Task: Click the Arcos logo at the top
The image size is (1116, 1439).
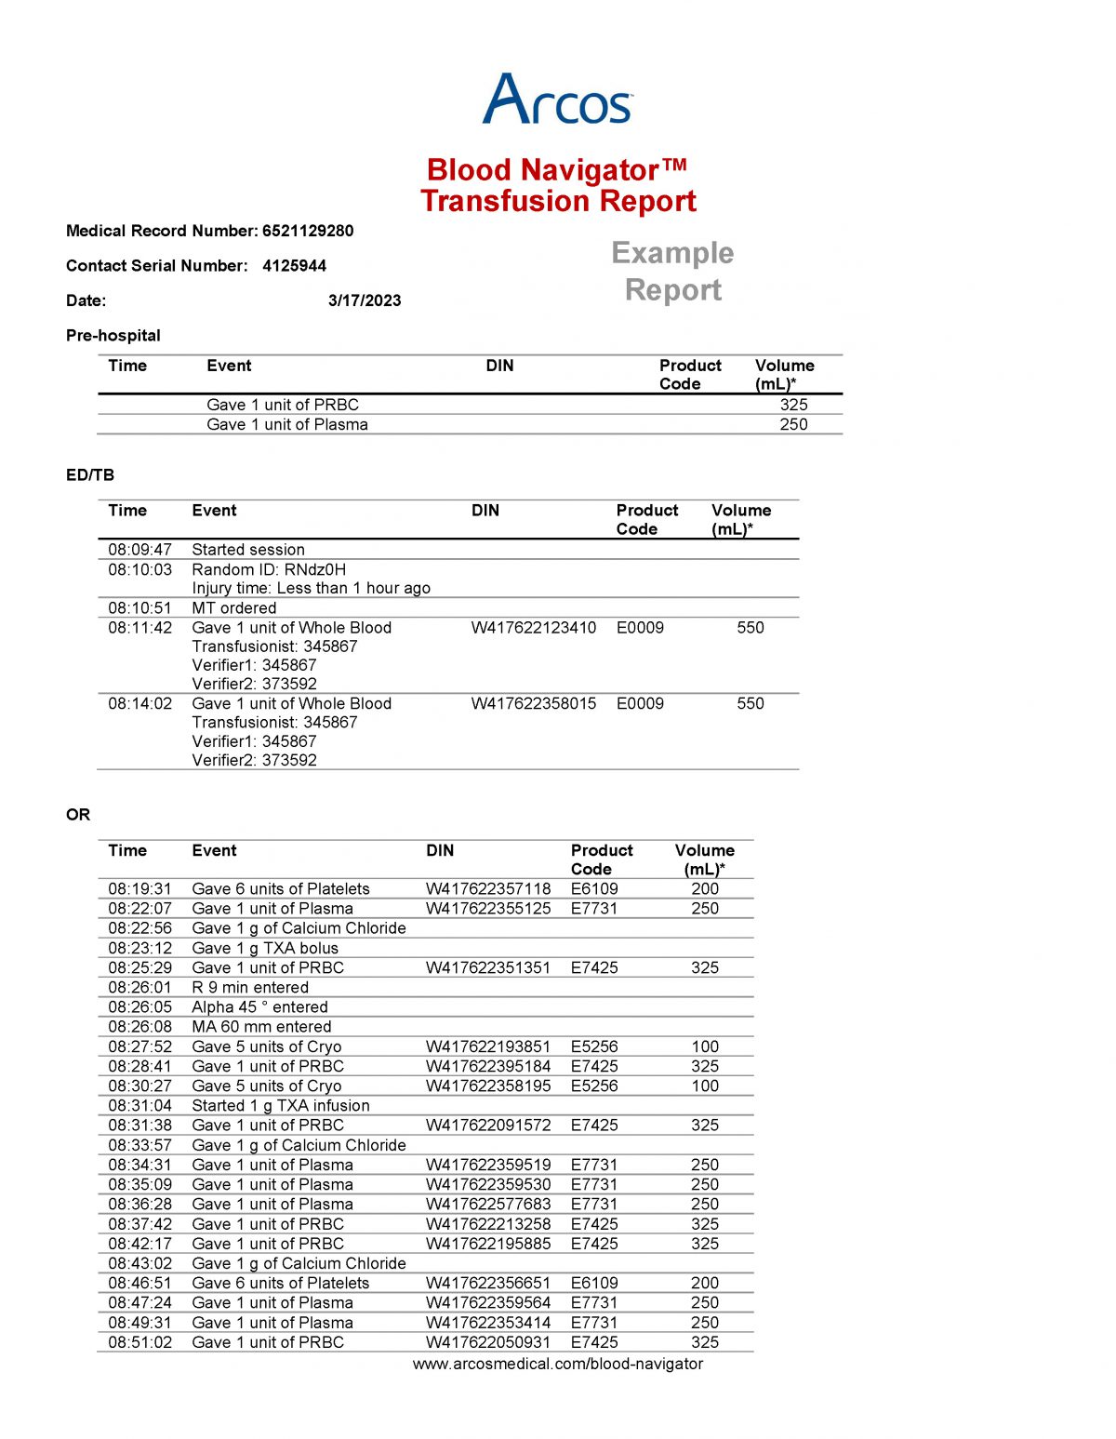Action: (x=557, y=100)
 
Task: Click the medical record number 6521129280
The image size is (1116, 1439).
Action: (x=308, y=231)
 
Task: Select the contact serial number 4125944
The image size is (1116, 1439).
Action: (x=294, y=266)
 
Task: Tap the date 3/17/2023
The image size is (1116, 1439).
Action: (x=365, y=300)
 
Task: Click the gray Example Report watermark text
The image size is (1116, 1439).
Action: (x=672, y=271)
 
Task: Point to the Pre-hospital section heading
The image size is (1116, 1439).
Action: (x=113, y=336)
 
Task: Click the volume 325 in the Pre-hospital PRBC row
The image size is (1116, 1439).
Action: (x=793, y=405)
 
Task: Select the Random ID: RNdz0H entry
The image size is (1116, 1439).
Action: (x=269, y=569)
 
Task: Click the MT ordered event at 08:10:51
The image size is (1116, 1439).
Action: (x=234, y=608)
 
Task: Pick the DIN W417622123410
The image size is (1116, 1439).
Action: (x=533, y=628)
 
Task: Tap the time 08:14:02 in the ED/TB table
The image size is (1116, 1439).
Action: (x=139, y=704)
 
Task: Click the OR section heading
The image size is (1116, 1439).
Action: (x=78, y=815)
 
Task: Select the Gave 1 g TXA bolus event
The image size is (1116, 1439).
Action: (x=265, y=948)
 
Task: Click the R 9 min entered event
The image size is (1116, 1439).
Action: (x=250, y=988)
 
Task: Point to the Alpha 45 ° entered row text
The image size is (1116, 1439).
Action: (x=259, y=1007)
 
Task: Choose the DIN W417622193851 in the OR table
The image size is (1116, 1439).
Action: (x=488, y=1046)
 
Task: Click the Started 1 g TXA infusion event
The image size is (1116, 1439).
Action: (x=281, y=1106)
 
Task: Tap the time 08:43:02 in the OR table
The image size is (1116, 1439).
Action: (x=139, y=1263)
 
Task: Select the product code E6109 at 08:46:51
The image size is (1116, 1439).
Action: (x=594, y=1283)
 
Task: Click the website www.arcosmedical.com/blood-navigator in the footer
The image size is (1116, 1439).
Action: (x=557, y=1364)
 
